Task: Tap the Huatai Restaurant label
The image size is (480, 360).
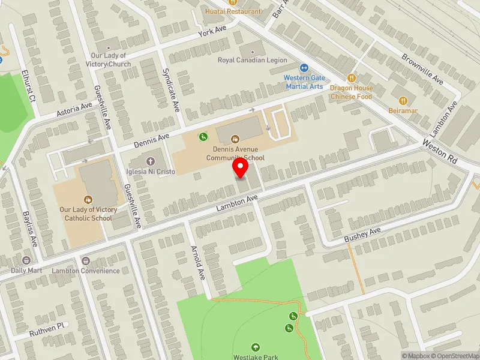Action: (x=233, y=11)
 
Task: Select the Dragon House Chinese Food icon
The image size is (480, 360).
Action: (x=352, y=77)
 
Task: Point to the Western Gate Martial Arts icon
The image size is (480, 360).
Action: (x=304, y=68)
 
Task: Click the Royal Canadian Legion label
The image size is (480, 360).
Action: (x=252, y=61)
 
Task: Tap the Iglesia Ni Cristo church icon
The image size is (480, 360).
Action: (x=151, y=161)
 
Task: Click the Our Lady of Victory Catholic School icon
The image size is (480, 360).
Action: (x=88, y=199)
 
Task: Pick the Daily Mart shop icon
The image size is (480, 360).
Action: (x=26, y=260)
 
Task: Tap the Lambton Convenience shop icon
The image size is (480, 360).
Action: (x=86, y=261)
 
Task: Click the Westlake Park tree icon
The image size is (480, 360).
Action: (x=256, y=347)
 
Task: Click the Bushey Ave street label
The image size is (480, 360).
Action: (x=362, y=235)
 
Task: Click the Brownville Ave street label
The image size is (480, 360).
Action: (x=422, y=68)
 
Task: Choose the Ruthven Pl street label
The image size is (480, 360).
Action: (x=47, y=328)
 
